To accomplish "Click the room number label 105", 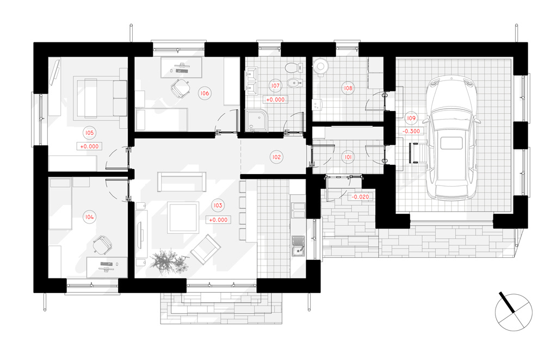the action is [x=89, y=133].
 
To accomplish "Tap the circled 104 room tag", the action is [x=89, y=217].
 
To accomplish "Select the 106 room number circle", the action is [x=205, y=94].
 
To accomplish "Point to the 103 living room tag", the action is [x=218, y=205].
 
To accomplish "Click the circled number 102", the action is [x=276, y=157].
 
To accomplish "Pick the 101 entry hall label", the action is [x=348, y=157].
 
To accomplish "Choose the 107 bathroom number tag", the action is [x=275, y=85].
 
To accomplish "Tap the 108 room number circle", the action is [x=348, y=88].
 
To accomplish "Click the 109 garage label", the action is [x=411, y=118].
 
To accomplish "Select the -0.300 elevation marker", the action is [x=411, y=131].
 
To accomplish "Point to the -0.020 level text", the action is [x=360, y=197].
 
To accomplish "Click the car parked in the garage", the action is [x=451, y=138].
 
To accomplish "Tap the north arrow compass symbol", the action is [x=513, y=312].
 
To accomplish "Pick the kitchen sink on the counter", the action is [x=298, y=246].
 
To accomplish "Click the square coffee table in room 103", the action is [x=183, y=218].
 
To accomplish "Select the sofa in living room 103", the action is [x=182, y=182].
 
